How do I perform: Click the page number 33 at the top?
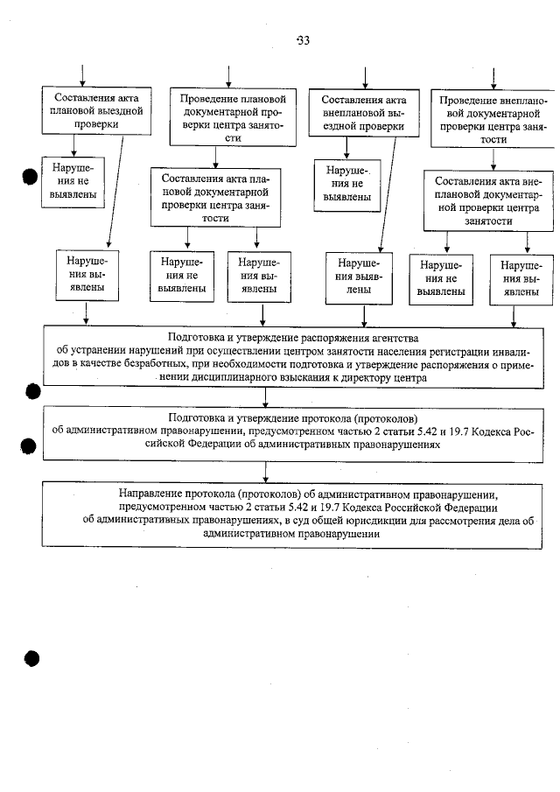pyautogui.click(x=303, y=40)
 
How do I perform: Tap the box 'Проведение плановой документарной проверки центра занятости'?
pyautogui.click(x=232, y=118)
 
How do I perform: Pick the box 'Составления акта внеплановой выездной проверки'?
pyautogui.click(x=363, y=111)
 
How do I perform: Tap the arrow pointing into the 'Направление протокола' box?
pyautogui.click(x=303, y=472)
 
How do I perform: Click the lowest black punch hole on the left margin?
pyautogui.click(x=32, y=659)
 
